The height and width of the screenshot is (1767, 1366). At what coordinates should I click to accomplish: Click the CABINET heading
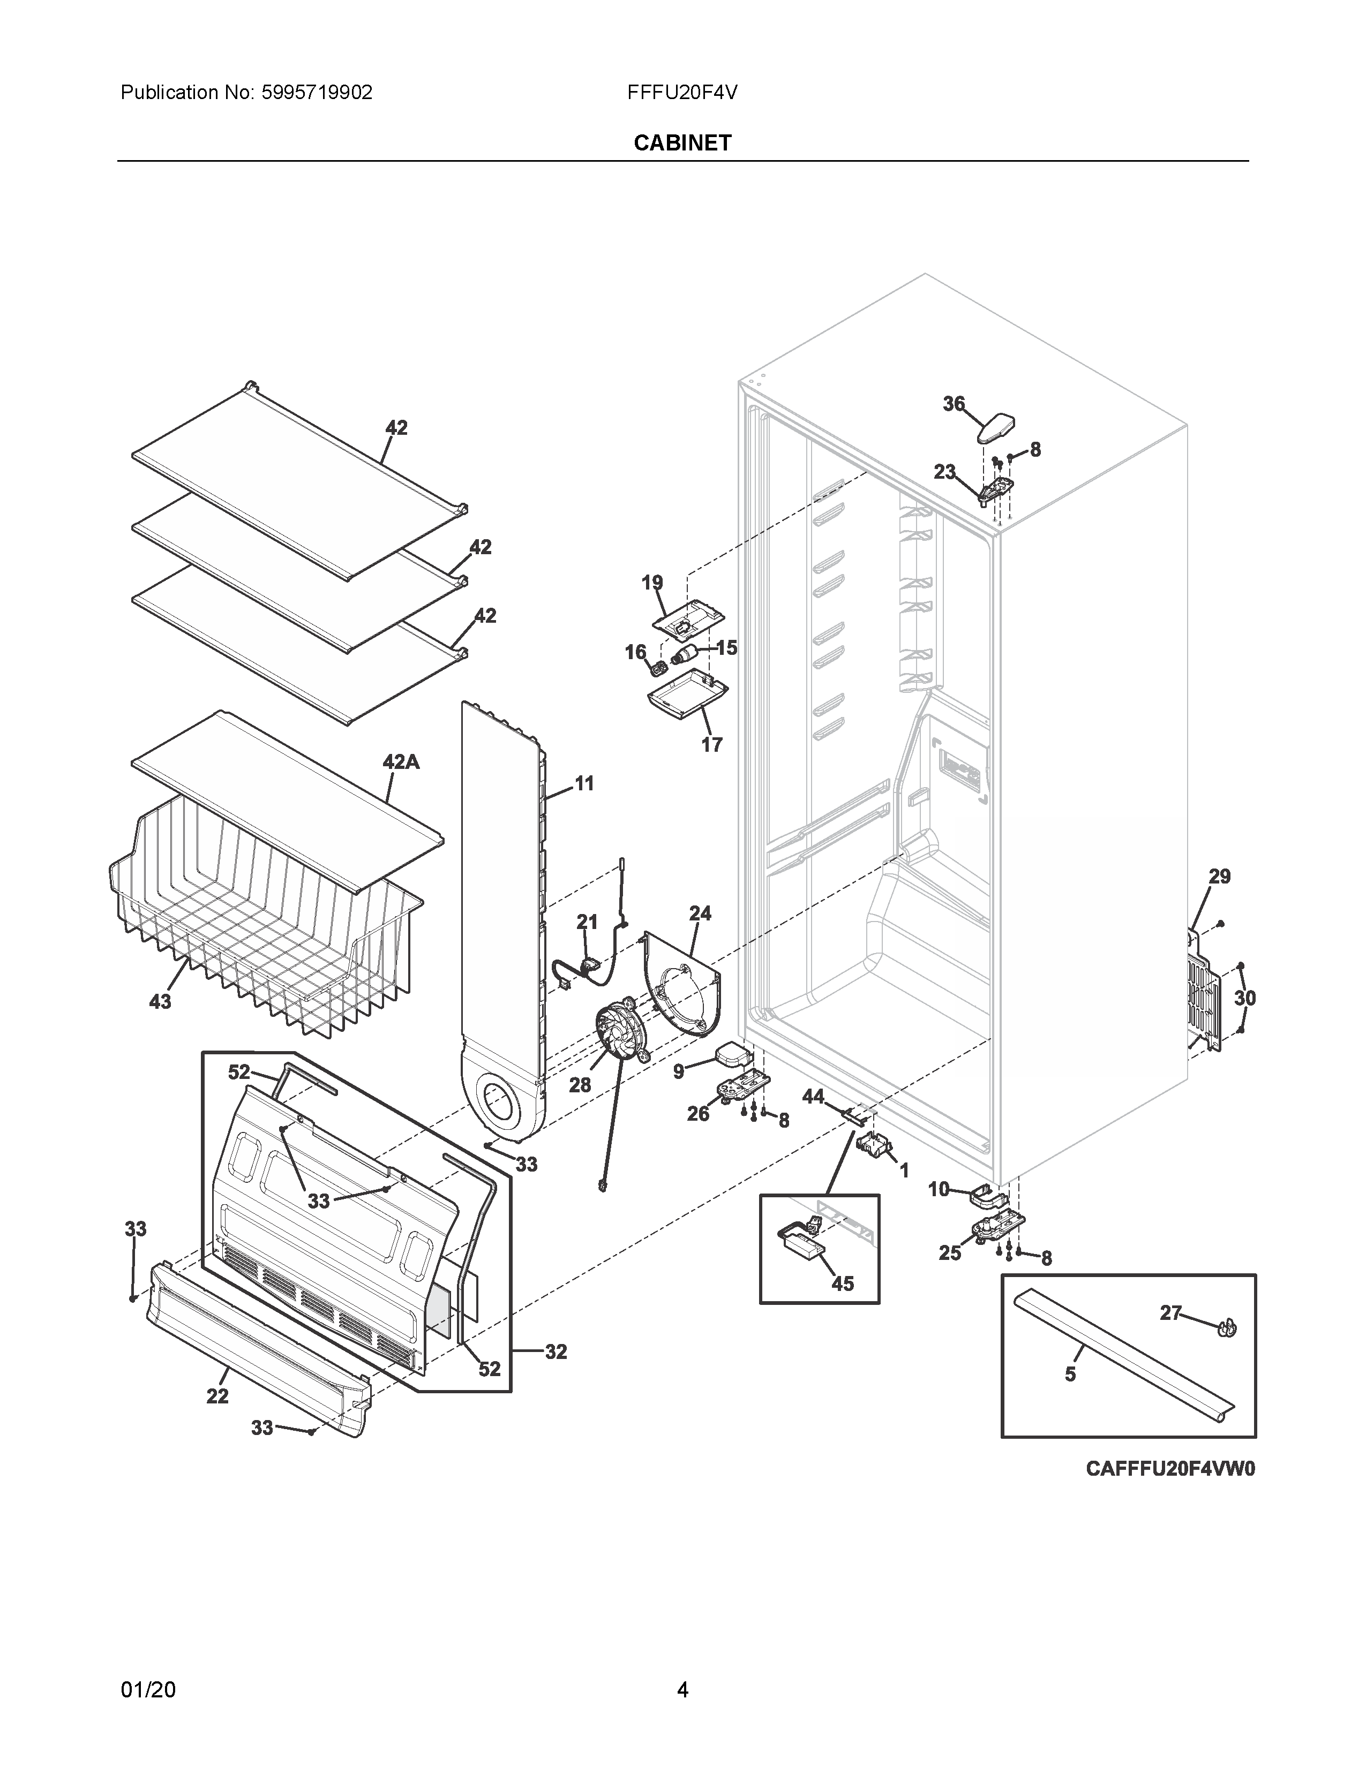click(x=682, y=143)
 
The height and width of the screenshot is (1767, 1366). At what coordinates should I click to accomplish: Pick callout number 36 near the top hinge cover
click(x=954, y=404)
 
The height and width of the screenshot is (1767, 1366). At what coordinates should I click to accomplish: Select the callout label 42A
click(x=401, y=761)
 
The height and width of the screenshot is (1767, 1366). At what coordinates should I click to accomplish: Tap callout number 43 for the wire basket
click(x=160, y=1002)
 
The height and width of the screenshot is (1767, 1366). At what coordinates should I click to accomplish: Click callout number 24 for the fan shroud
click(x=700, y=913)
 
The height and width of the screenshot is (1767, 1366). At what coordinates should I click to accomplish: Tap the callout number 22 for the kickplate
click(x=217, y=1396)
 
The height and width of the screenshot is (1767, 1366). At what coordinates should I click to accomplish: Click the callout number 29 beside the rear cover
click(x=1220, y=876)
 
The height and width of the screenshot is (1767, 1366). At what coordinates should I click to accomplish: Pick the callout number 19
click(x=652, y=583)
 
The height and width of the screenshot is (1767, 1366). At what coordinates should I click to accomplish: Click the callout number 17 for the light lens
click(x=711, y=744)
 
